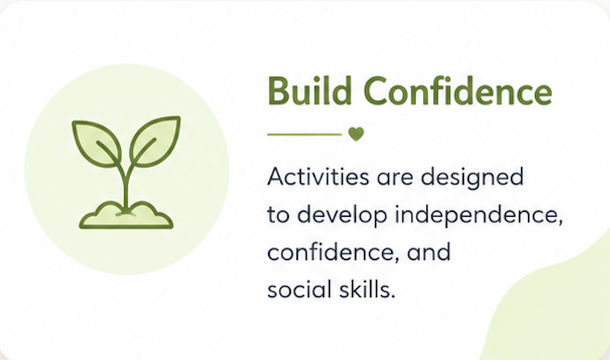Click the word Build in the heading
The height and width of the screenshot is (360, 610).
(310, 91)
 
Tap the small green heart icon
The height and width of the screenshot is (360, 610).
(356, 134)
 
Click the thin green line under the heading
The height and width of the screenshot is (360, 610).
(304, 135)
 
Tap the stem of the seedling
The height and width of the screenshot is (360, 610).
(126, 186)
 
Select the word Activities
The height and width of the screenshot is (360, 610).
(318, 176)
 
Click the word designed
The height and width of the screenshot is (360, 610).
(472, 178)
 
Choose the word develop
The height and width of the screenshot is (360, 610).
(342, 216)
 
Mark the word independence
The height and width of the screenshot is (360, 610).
(479, 216)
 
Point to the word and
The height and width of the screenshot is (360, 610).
(429, 252)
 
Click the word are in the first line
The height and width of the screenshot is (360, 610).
(395, 178)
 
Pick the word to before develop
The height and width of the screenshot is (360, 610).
(278, 215)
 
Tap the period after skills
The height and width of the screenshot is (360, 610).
(393, 296)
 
